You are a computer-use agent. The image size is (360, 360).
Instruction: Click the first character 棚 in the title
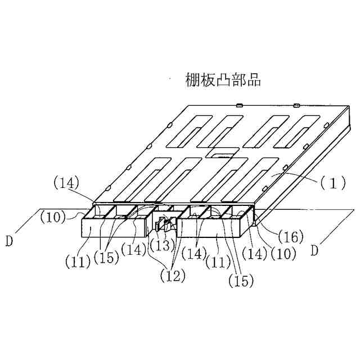pos(192,80)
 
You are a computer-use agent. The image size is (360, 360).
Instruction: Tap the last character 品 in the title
pos(254,80)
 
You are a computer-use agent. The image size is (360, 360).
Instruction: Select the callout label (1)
pos(331,183)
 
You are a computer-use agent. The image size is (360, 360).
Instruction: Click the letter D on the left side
pos(9,242)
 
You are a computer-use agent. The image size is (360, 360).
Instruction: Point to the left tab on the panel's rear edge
pos(239,104)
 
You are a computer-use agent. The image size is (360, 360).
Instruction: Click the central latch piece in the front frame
pos(164,226)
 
